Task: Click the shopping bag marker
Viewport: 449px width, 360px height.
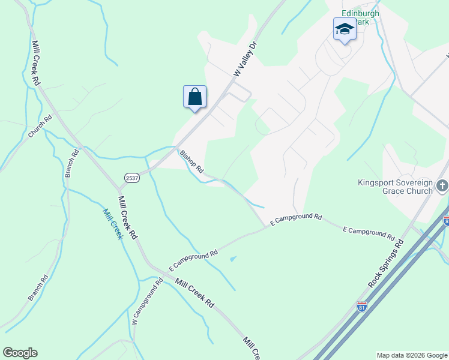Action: (194, 97)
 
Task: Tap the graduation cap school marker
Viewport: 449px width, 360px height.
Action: (345, 29)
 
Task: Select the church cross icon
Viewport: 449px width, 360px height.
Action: (442, 185)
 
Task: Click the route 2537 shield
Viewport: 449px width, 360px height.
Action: (132, 178)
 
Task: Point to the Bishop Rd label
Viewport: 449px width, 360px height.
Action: (192, 161)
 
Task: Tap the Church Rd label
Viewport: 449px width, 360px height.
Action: (40, 127)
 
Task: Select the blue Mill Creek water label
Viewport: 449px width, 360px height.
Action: (113, 224)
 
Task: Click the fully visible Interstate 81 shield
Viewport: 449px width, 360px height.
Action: (361, 307)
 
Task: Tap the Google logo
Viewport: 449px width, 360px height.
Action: (20, 353)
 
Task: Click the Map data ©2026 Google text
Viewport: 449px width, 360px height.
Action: (412, 355)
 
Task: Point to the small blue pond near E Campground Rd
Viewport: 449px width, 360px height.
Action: (233, 259)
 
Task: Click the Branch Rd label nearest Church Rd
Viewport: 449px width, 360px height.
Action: (71, 164)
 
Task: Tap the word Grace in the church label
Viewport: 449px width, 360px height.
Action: (393, 191)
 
